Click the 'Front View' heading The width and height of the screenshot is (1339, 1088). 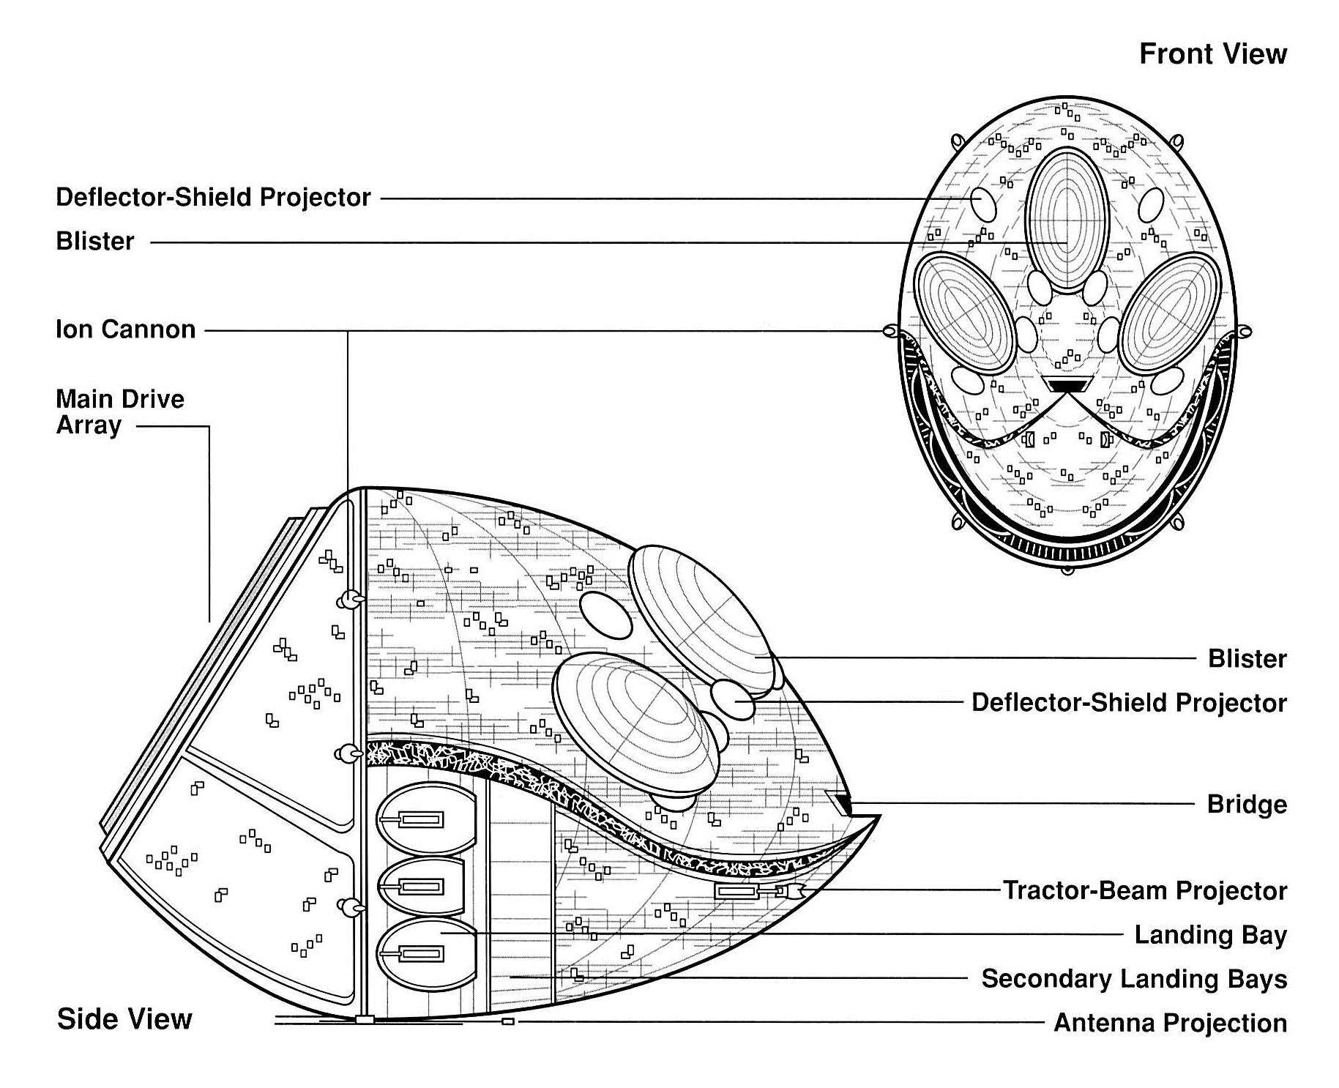point(1212,54)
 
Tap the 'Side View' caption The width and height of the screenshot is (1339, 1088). point(124,1019)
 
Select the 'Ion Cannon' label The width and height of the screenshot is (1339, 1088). point(126,329)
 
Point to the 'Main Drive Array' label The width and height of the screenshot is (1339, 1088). point(120,412)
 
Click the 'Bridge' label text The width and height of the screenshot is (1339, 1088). point(1247,805)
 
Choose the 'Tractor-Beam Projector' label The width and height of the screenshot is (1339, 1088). point(1145,891)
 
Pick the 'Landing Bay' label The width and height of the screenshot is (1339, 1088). point(1211,935)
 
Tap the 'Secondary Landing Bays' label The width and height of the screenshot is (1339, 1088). point(1134,979)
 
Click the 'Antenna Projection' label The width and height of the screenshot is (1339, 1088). point(1170,1023)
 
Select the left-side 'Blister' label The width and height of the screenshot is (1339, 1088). point(95,242)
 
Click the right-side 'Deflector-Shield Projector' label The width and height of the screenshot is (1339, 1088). point(1129,703)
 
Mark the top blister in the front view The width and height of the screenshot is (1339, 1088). point(1067,220)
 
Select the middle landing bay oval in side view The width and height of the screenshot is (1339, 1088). point(420,887)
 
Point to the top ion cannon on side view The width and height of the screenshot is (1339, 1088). point(350,600)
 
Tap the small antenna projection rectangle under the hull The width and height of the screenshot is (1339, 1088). point(508,1021)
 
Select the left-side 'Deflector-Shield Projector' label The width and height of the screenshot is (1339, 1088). point(213,198)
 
